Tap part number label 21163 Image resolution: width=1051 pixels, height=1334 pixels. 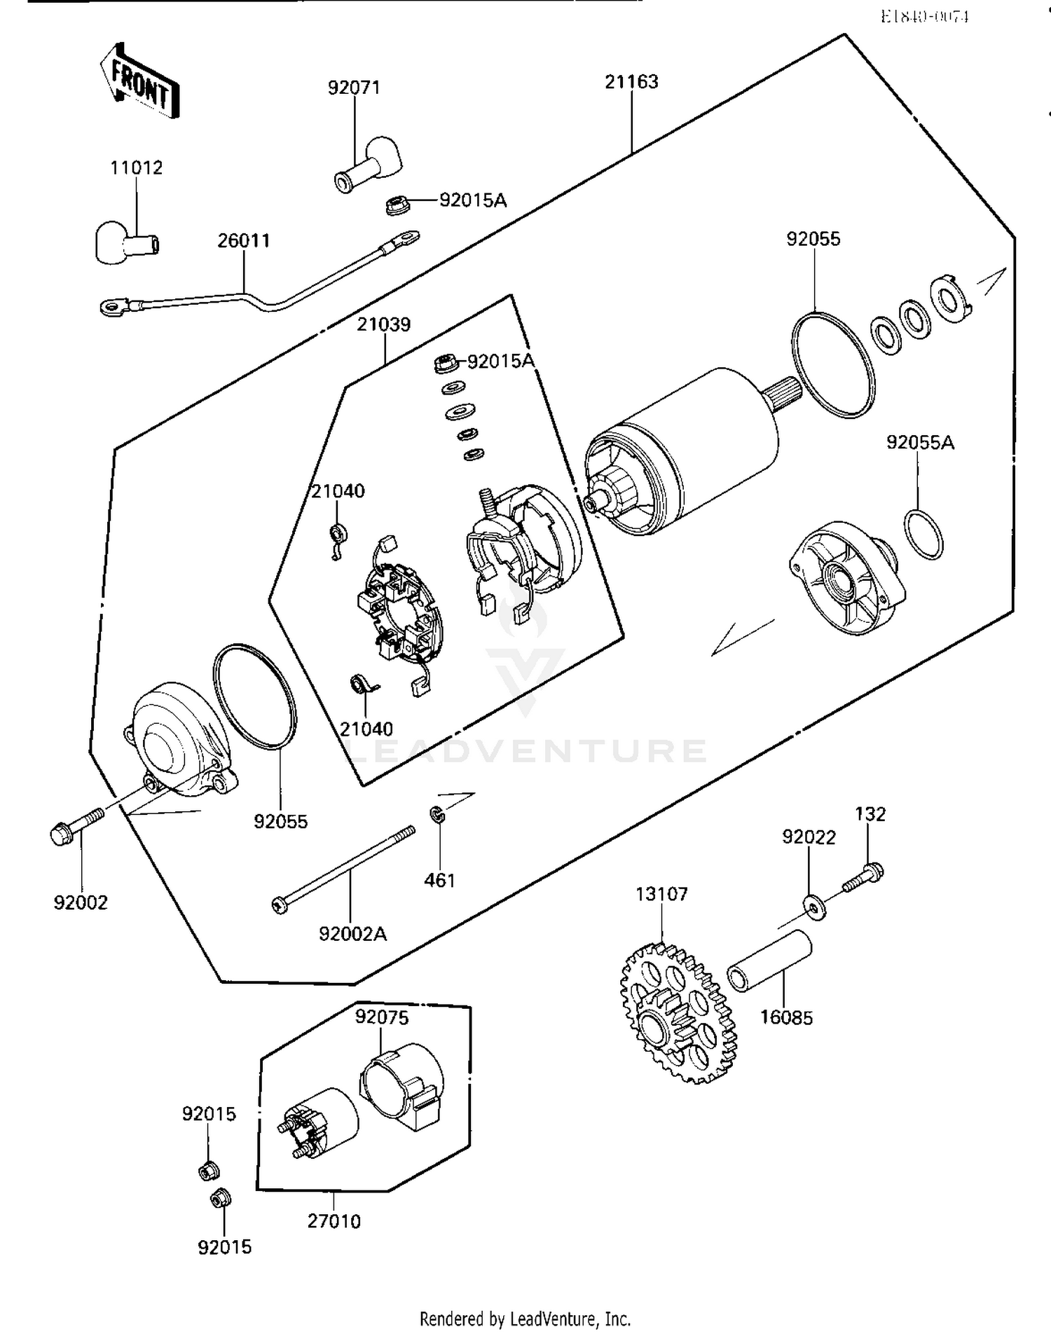coord(631,82)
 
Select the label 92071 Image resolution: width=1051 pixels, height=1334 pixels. coord(354,88)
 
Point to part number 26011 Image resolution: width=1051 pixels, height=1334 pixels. coord(243,241)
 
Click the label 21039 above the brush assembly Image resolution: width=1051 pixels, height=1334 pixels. coord(383,325)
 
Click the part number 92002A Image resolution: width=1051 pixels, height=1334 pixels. coord(352,934)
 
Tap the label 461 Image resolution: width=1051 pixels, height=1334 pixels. coord(439,881)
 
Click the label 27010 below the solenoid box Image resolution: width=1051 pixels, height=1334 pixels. coord(334,1221)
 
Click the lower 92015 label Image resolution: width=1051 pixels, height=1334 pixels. coord(224,1247)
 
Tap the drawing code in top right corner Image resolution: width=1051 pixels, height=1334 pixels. coord(924,16)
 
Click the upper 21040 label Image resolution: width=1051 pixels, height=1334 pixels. coord(338,491)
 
